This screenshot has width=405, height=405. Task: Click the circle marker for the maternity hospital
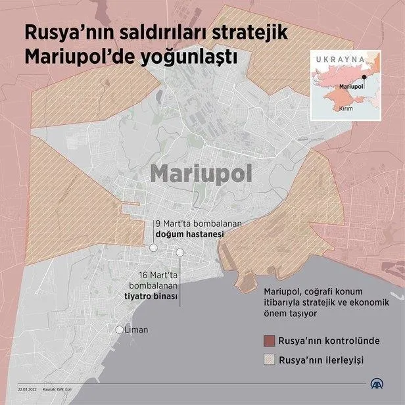(153, 248)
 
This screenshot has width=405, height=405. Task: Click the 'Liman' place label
(136, 329)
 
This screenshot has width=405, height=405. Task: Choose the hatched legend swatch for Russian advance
(269, 360)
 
